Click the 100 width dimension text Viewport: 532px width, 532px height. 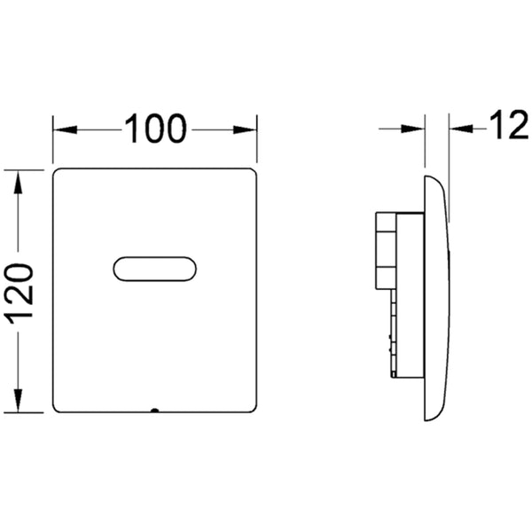pyautogui.click(x=155, y=129)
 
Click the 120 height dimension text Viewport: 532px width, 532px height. pyautogui.click(x=19, y=292)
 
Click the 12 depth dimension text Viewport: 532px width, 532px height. pyautogui.click(x=509, y=126)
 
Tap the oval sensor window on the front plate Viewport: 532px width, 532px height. pyautogui.click(x=154, y=269)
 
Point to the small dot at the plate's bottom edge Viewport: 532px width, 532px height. pyautogui.click(x=154, y=411)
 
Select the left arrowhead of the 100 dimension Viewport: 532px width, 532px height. pyautogui.click(x=66, y=129)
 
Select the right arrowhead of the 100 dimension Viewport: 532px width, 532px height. pyautogui.click(x=245, y=129)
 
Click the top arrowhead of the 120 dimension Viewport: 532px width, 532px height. pyautogui.click(x=18, y=182)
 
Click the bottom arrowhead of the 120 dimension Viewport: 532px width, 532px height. pyautogui.click(x=18, y=401)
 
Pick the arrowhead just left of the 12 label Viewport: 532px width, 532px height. pyautogui.click(x=461, y=129)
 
